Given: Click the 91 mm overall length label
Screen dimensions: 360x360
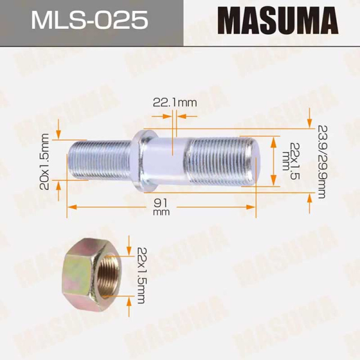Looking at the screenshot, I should pos(161,207).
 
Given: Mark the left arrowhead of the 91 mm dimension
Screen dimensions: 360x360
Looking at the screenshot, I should pos(71,206).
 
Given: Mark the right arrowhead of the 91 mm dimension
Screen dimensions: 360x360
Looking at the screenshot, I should pos(252,206).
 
